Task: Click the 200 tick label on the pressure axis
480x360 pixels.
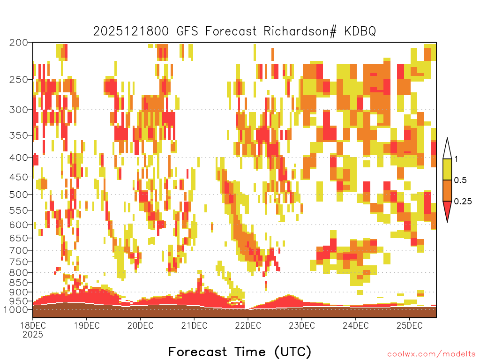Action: [18, 43]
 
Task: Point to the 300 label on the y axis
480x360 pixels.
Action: [18, 110]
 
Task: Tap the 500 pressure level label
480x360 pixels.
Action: [18, 195]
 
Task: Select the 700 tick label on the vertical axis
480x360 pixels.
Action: [18, 250]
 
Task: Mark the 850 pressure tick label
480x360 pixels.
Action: [18, 283]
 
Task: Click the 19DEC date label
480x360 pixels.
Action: [87, 325]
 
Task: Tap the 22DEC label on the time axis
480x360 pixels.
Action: [248, 325]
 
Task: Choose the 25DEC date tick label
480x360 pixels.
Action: [409, 325]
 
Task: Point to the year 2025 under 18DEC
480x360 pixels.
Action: [33, 334]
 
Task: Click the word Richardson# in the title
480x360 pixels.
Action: [300, 31]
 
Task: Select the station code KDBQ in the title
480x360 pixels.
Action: [360, 31]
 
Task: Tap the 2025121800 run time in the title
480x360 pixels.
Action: [131, 31]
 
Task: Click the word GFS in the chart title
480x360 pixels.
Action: [187, 31]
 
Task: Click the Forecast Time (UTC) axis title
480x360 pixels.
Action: [240, 352]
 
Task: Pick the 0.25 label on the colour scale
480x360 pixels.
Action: [463, 202]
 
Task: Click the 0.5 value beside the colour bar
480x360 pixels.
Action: [460, 180]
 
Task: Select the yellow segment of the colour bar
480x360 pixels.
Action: [447, 169]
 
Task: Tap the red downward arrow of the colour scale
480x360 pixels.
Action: [447, 210]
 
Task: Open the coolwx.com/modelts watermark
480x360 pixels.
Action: [432, 354]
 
